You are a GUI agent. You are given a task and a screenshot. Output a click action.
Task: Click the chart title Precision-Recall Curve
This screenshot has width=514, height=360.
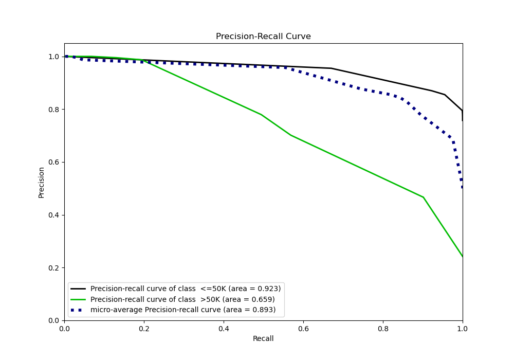click(263, 37)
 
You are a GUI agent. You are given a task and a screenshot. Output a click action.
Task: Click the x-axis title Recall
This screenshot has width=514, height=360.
click(263, 338)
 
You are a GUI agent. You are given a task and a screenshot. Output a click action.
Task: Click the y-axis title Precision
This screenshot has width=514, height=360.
click(41, 182)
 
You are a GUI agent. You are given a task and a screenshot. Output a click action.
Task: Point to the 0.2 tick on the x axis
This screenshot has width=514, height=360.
click(144, 327)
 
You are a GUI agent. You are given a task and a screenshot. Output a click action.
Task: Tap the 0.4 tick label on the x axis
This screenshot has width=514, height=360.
click(224, 327)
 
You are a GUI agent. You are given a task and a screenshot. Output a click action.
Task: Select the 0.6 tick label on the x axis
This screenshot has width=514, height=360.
click(303, 327)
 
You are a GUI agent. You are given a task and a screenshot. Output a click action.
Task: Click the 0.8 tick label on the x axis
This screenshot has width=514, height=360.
click(383, 327)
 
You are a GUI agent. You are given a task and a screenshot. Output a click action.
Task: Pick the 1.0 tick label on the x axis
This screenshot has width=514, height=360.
click(463, 327)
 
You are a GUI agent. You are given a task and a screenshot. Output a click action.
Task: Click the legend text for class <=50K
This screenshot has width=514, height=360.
click(186, 289)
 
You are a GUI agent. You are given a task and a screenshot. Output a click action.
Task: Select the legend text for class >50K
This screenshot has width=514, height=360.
click(182, 299)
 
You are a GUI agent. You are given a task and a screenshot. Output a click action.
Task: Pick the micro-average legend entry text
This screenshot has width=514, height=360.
click(183, 310)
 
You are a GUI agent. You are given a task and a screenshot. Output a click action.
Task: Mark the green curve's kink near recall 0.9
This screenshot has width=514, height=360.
click(423, 197)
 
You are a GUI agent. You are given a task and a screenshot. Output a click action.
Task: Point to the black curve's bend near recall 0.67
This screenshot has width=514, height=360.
click(332, 68)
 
